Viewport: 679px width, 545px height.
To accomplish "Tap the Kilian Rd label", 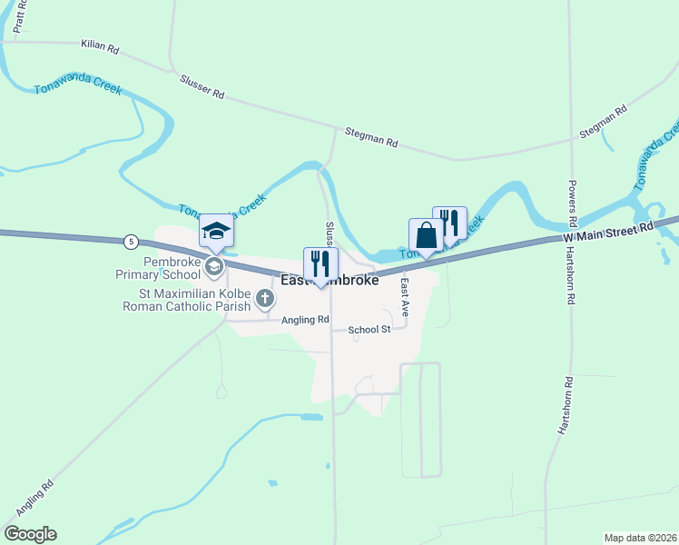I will tap(100, 45).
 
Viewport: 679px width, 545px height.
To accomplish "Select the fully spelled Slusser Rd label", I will tap(202, 87).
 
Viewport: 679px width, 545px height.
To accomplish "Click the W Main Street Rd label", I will tap(609, 233).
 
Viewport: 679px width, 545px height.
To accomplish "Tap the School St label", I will tap(371, 329).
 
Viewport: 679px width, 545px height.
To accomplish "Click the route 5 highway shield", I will tap(133, 242).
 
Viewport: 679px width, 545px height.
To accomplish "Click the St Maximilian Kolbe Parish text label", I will tap(187, 301).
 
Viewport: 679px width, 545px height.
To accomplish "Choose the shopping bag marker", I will tap(426, 235).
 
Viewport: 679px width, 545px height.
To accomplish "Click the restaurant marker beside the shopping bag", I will tap(449, 223).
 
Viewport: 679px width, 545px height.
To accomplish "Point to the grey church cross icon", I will tap(264, 297).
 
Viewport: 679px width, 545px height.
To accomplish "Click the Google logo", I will tap(30, 534).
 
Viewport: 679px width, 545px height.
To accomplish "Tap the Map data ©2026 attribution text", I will tap(639, 538).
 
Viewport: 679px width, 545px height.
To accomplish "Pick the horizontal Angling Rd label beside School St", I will tap(304, 320).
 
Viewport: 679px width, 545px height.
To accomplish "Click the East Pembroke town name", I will tap(330, 281).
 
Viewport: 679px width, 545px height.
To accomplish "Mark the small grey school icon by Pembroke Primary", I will tap(214, 267).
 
